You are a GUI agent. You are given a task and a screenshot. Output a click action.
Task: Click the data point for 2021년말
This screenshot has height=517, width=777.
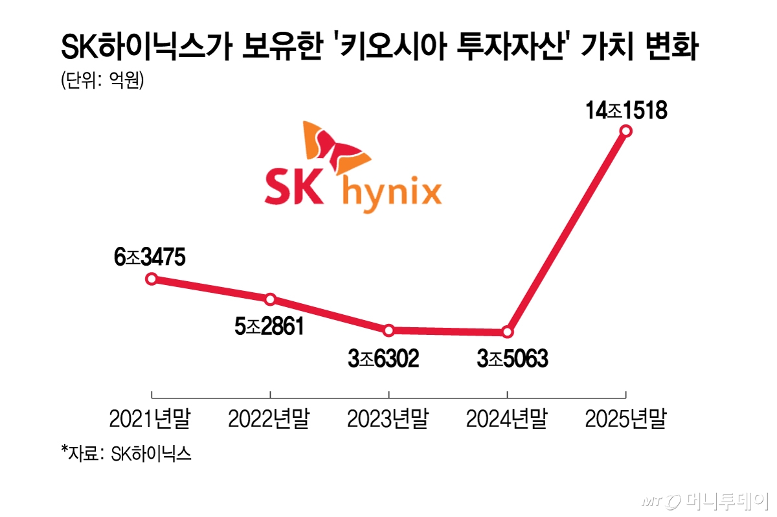(x=151, y=279)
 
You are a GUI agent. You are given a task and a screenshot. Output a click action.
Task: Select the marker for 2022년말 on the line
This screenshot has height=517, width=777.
(x=270, y=299)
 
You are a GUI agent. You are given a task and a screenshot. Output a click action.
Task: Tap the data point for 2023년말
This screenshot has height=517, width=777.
(x=388, y=330)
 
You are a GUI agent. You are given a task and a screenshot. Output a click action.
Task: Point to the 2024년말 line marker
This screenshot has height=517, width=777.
(x=507, y=332)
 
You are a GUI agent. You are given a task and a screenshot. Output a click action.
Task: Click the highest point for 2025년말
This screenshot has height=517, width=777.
(x=625, y=131)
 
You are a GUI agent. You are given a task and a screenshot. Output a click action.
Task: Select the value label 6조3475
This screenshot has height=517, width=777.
(x=150, y=258)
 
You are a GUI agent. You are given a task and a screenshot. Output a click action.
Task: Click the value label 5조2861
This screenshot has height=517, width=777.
(x=269, y=328)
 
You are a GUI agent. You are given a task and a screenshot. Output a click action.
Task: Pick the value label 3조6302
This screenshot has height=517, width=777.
(x=383, y=359)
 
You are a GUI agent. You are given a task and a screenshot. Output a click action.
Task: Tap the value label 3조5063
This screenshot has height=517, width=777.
(x=512, y=359)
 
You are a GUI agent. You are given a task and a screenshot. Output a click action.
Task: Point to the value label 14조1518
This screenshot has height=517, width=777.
(x=625, y=111)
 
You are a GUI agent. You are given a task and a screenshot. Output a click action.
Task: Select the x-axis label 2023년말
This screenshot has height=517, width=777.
(x=388, y=420)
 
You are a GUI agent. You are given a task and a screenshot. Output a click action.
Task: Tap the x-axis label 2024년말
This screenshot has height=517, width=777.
(x=507, y=420)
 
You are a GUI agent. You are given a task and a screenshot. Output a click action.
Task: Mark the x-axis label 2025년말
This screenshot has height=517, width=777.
(x=625, y=420)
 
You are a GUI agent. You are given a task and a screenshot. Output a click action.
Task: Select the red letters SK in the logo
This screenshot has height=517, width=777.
(x=293, y=188)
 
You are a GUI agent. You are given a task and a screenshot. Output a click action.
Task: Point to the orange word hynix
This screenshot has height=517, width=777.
(x=392, y=193)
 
